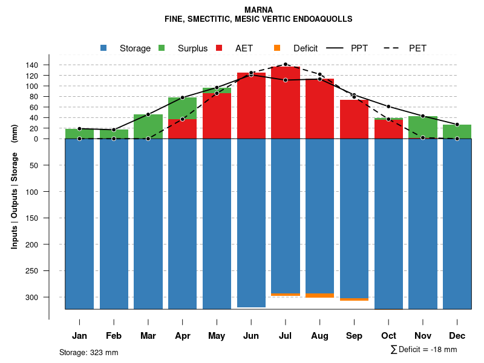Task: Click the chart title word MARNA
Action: [258, 10]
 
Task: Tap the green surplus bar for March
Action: [148, 126]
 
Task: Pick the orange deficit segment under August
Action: [320, 295]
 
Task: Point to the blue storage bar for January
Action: [79, 224]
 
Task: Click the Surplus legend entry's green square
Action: [162, 48]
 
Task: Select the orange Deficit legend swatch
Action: [277, 48]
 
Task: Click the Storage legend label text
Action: [135, 48]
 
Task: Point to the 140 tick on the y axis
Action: [32, 65]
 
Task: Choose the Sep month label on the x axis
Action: [355, 336]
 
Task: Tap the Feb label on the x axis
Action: [114, 336]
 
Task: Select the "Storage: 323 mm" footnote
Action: [89, 352]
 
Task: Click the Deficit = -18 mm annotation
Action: [424, 350]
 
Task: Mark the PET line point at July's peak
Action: [286, 64]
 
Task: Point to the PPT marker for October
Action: [388, 106]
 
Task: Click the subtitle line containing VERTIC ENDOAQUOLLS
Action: [258, 19]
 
